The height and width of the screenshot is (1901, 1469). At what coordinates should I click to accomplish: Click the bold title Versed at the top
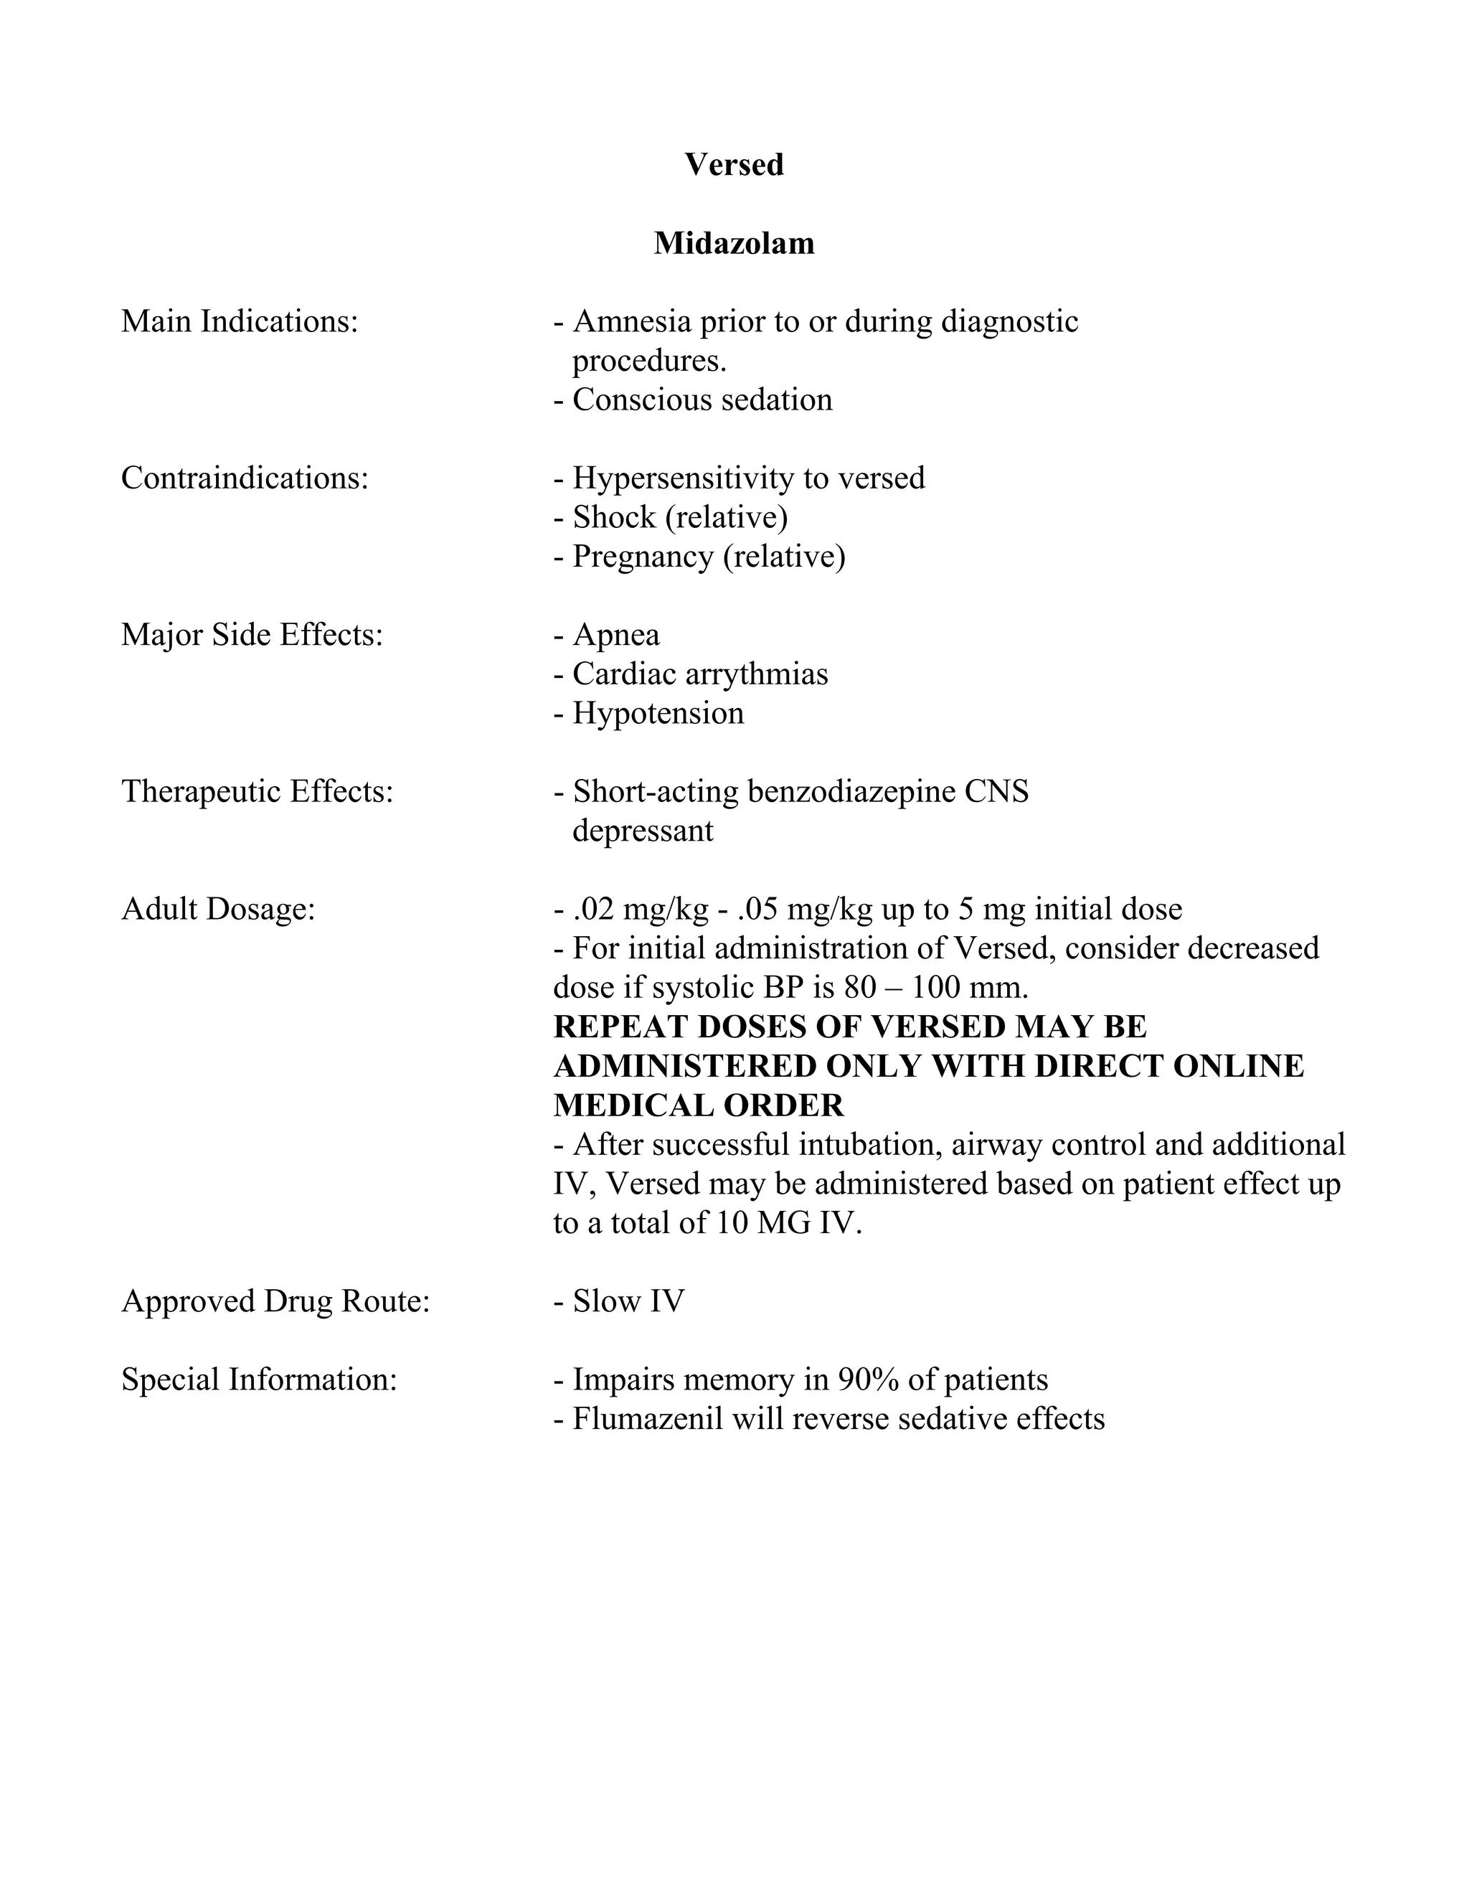(734, 164)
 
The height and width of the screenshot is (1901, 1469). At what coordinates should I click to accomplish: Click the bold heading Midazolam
(734, 243)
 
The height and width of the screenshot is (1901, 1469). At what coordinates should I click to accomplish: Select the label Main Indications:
(240, 321)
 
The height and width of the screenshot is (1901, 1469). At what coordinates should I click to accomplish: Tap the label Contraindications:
(245, 478)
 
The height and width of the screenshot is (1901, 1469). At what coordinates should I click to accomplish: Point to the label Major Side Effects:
(252, 635)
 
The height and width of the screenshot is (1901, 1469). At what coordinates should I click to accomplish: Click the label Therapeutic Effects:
(257, 791)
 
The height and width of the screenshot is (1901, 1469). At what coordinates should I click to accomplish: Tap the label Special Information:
(258, 1379)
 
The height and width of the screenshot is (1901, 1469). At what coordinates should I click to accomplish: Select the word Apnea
(616, 635)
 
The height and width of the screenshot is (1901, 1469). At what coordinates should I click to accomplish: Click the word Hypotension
(658, 713)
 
